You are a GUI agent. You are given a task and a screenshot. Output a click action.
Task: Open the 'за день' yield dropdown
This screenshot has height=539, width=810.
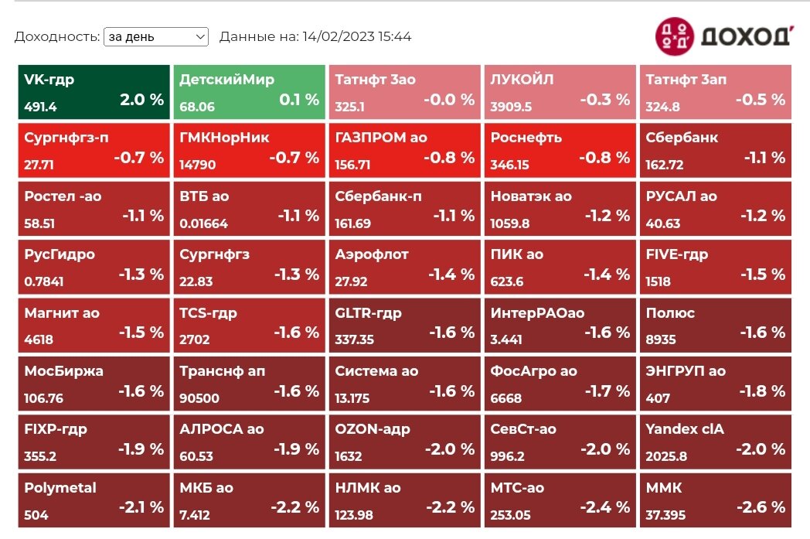tap(156, 36)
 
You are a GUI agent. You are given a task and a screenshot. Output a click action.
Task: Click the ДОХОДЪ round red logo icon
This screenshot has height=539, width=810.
tap(675, 36)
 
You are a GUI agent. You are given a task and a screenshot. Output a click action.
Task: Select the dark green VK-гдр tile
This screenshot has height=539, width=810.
tap(94, 93)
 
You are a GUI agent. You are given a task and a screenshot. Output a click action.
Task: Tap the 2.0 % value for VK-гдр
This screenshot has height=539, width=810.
tap(141, 99)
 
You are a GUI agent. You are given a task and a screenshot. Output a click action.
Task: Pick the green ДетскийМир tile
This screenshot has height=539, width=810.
tap(250, 93)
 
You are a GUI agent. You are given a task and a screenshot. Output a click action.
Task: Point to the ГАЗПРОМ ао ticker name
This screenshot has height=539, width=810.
tap(381, 138)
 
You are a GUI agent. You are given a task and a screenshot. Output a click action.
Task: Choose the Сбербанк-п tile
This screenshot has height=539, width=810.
tap(405, 209)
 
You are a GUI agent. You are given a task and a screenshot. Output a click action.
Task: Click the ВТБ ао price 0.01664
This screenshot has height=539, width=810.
tap(203, 223)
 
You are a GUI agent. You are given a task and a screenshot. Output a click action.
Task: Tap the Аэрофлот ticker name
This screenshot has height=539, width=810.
tap(372, 254)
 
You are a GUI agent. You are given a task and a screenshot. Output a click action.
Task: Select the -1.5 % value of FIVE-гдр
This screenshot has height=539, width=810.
tap(763, 274)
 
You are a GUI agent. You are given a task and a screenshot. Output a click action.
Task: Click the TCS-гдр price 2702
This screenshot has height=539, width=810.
tap(195, 339)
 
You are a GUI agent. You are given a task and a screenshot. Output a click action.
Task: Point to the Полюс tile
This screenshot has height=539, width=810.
tap(716, 326)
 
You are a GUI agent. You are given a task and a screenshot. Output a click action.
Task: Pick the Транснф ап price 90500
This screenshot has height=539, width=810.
tap(199, 398)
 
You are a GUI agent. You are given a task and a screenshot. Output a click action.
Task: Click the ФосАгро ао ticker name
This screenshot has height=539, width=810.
tap(533, 371)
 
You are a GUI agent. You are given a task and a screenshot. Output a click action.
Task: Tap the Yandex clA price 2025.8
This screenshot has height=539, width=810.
tap(666, 456)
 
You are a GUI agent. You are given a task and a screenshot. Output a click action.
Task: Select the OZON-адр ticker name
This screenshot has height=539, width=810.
tap(373, 429)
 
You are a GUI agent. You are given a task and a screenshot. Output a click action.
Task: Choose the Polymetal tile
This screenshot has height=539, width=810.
tap(94, 500)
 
